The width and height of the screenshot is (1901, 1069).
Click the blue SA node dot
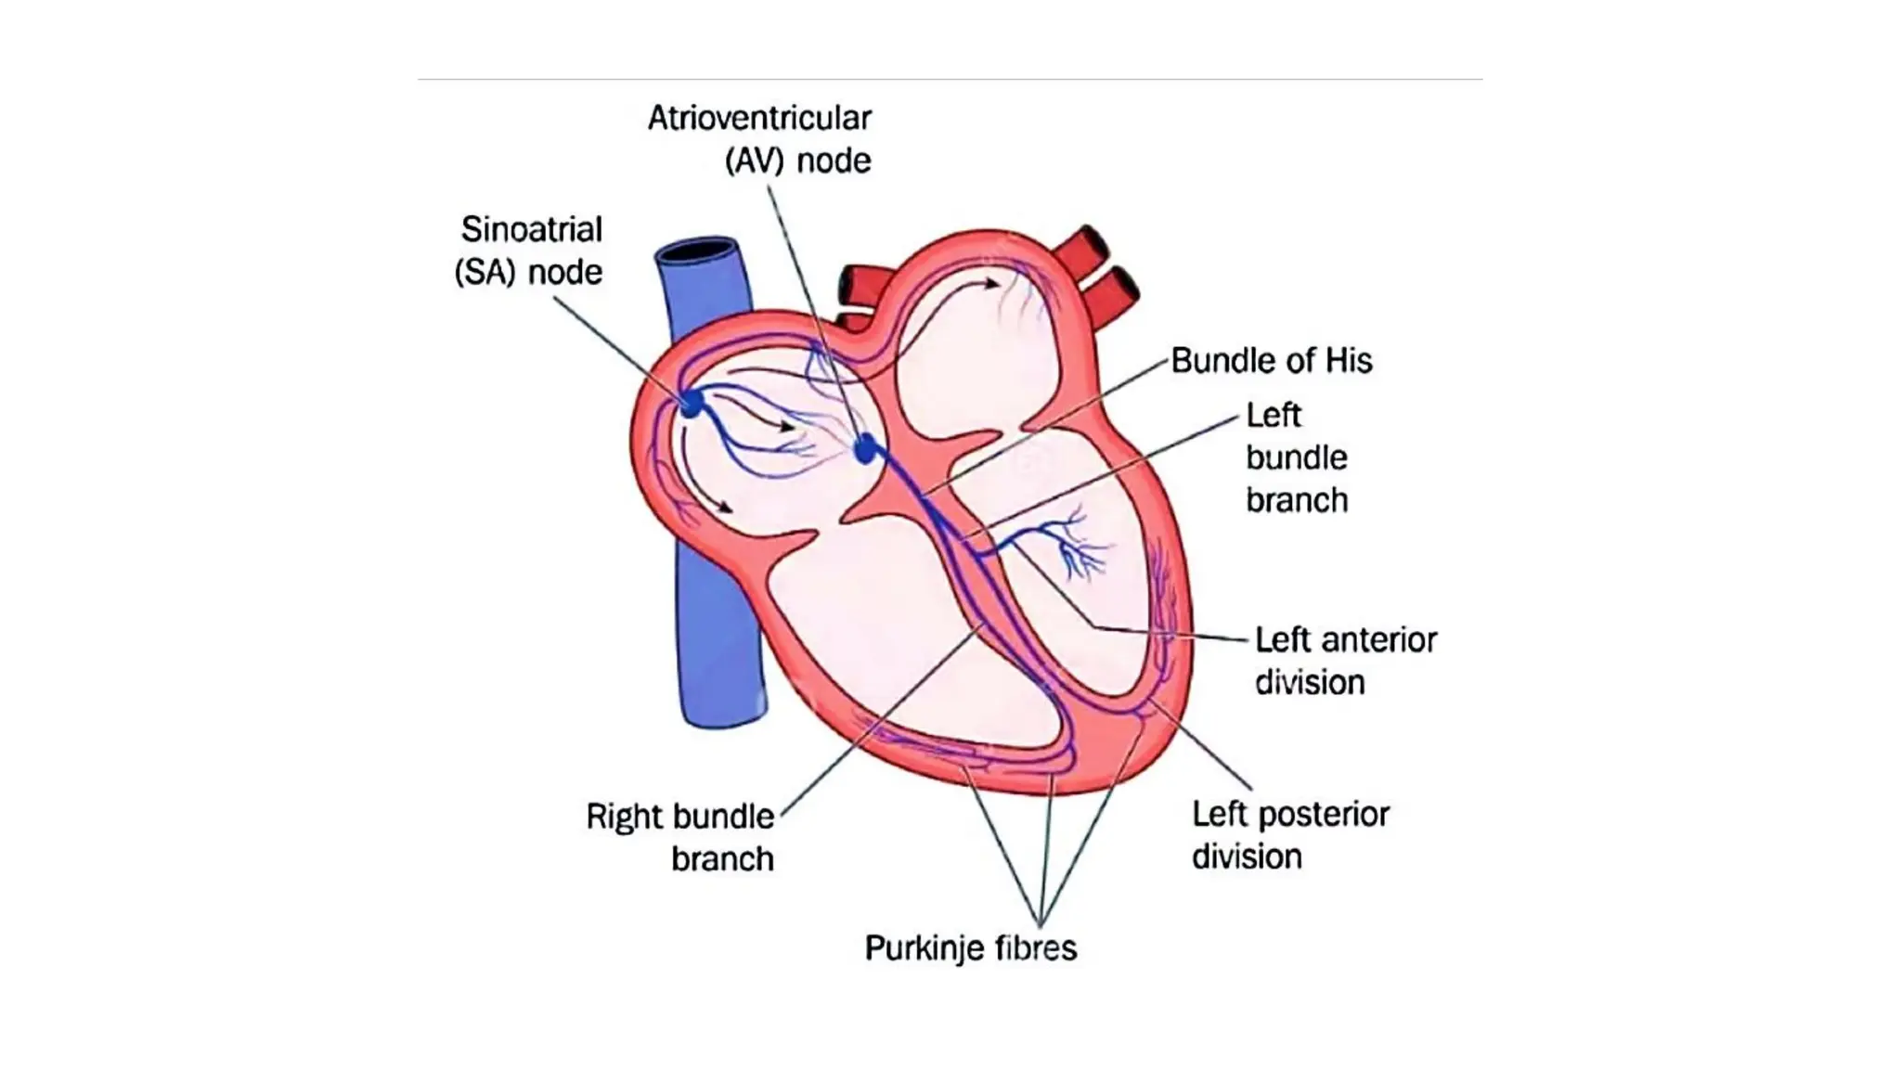692,404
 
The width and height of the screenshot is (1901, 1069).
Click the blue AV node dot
866,450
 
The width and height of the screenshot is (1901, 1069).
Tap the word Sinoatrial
532,229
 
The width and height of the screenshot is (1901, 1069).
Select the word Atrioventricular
759,118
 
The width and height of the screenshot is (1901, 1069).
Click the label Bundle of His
1271,360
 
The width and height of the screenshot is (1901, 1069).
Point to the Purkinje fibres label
971,947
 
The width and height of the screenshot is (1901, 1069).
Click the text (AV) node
797,161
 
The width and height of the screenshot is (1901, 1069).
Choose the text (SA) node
528,272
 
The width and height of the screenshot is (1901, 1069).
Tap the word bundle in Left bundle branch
1296,457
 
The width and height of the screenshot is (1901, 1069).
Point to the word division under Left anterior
1310,682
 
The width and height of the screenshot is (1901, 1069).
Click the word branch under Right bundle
722,859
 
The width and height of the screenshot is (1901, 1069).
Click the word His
1349,360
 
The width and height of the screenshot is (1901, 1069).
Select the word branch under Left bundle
1296,500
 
